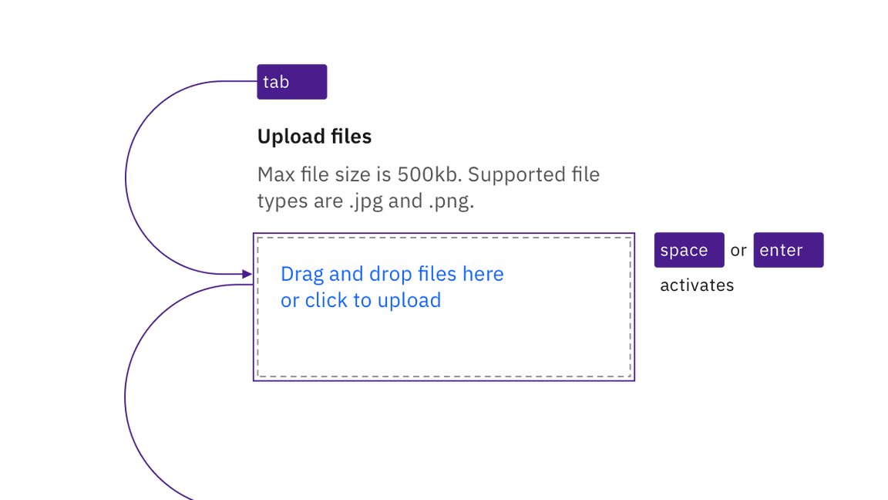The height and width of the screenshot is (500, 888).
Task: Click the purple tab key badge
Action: click(292, 82)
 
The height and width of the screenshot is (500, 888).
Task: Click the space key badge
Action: click(688, 250)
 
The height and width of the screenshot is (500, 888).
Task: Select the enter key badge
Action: click(788, 250)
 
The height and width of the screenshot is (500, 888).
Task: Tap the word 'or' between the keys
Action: click(738, 251)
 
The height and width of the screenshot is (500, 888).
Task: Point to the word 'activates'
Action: click(697, 285)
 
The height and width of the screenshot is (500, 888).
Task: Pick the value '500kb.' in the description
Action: click(429, 174)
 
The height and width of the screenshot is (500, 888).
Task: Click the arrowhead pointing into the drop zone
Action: click(247, 274)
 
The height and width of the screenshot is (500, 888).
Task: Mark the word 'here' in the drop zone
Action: click(483, 275)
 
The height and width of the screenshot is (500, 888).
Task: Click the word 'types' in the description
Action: click(278, 201)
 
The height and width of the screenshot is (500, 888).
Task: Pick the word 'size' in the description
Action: click(349, 174)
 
